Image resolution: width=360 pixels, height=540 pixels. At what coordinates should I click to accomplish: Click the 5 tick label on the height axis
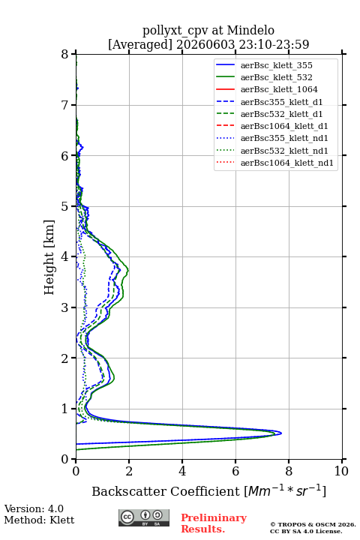click(x=65, y=206)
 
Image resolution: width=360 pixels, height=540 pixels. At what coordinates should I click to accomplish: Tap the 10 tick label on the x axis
click(x=341, y=471)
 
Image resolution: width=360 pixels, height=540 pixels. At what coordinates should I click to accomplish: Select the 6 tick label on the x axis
click(x=235, y=471)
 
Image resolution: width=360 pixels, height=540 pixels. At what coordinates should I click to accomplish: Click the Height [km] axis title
click(x=49, y=257)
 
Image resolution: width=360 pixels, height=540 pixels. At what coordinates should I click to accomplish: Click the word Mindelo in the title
click(x=250, y=30)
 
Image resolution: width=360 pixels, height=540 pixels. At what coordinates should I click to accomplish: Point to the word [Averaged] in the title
click(x=140, y=44)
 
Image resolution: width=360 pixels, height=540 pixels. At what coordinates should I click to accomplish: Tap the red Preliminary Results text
click(x=214, y=523)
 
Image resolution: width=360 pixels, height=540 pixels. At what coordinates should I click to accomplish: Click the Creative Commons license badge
click(x=144, y=517)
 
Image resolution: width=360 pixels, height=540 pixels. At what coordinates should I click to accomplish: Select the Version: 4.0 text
click(x=34, y=508)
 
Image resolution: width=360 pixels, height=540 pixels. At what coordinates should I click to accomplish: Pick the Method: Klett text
click(x=39, y=520)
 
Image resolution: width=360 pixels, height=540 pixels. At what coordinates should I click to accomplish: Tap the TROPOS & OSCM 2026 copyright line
click(x=313, y=524)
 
